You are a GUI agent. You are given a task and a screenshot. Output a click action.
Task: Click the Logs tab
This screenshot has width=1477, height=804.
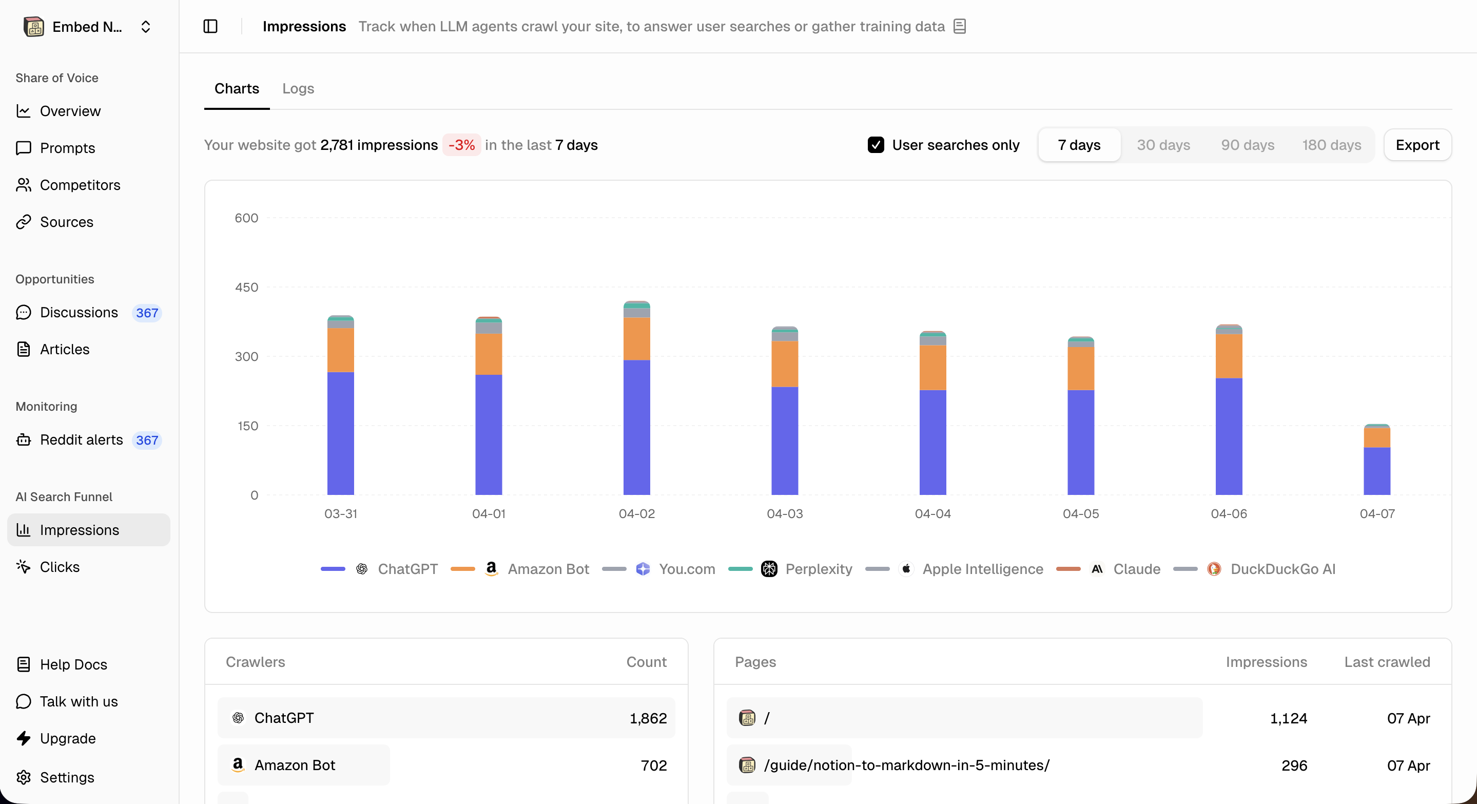click(298, 88)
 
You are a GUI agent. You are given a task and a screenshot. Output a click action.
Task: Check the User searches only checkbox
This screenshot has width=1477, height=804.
click(876, 145)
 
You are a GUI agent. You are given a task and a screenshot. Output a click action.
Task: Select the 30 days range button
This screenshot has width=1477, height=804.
click(1163, 145)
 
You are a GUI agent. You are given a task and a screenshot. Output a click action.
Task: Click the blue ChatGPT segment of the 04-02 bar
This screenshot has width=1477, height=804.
click(636, 427)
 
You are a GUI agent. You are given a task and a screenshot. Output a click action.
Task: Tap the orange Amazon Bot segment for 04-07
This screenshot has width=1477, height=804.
click(1376, 437)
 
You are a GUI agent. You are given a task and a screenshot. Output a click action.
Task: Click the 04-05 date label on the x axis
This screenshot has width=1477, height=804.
click(1080, 514)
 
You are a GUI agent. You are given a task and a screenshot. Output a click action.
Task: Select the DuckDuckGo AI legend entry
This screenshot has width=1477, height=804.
click(1282, 569)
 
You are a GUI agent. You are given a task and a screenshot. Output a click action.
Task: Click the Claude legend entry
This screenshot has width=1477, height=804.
click(1136, 569)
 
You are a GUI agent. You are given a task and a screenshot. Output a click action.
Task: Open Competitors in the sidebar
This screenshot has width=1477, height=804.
click(80, 185)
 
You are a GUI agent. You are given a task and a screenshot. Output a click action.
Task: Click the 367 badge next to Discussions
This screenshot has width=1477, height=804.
click(147, 313)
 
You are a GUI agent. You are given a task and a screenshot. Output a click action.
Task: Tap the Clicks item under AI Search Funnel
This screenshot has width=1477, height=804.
click(60, 567)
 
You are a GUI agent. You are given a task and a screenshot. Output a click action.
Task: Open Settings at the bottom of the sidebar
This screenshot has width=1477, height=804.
click(67, 777)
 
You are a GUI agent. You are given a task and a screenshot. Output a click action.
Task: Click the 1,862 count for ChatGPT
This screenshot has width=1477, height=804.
click(648, 718)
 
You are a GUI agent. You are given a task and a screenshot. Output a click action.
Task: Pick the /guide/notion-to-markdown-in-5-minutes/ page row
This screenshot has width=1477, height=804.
click(906, 765)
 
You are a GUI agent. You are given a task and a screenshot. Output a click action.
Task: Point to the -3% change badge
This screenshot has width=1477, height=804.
click(461, 145)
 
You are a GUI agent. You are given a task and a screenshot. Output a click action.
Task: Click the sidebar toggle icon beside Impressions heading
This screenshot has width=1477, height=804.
click(210, 26)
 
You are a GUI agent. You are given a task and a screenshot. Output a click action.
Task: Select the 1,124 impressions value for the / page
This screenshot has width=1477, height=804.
click(1288, 718)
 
